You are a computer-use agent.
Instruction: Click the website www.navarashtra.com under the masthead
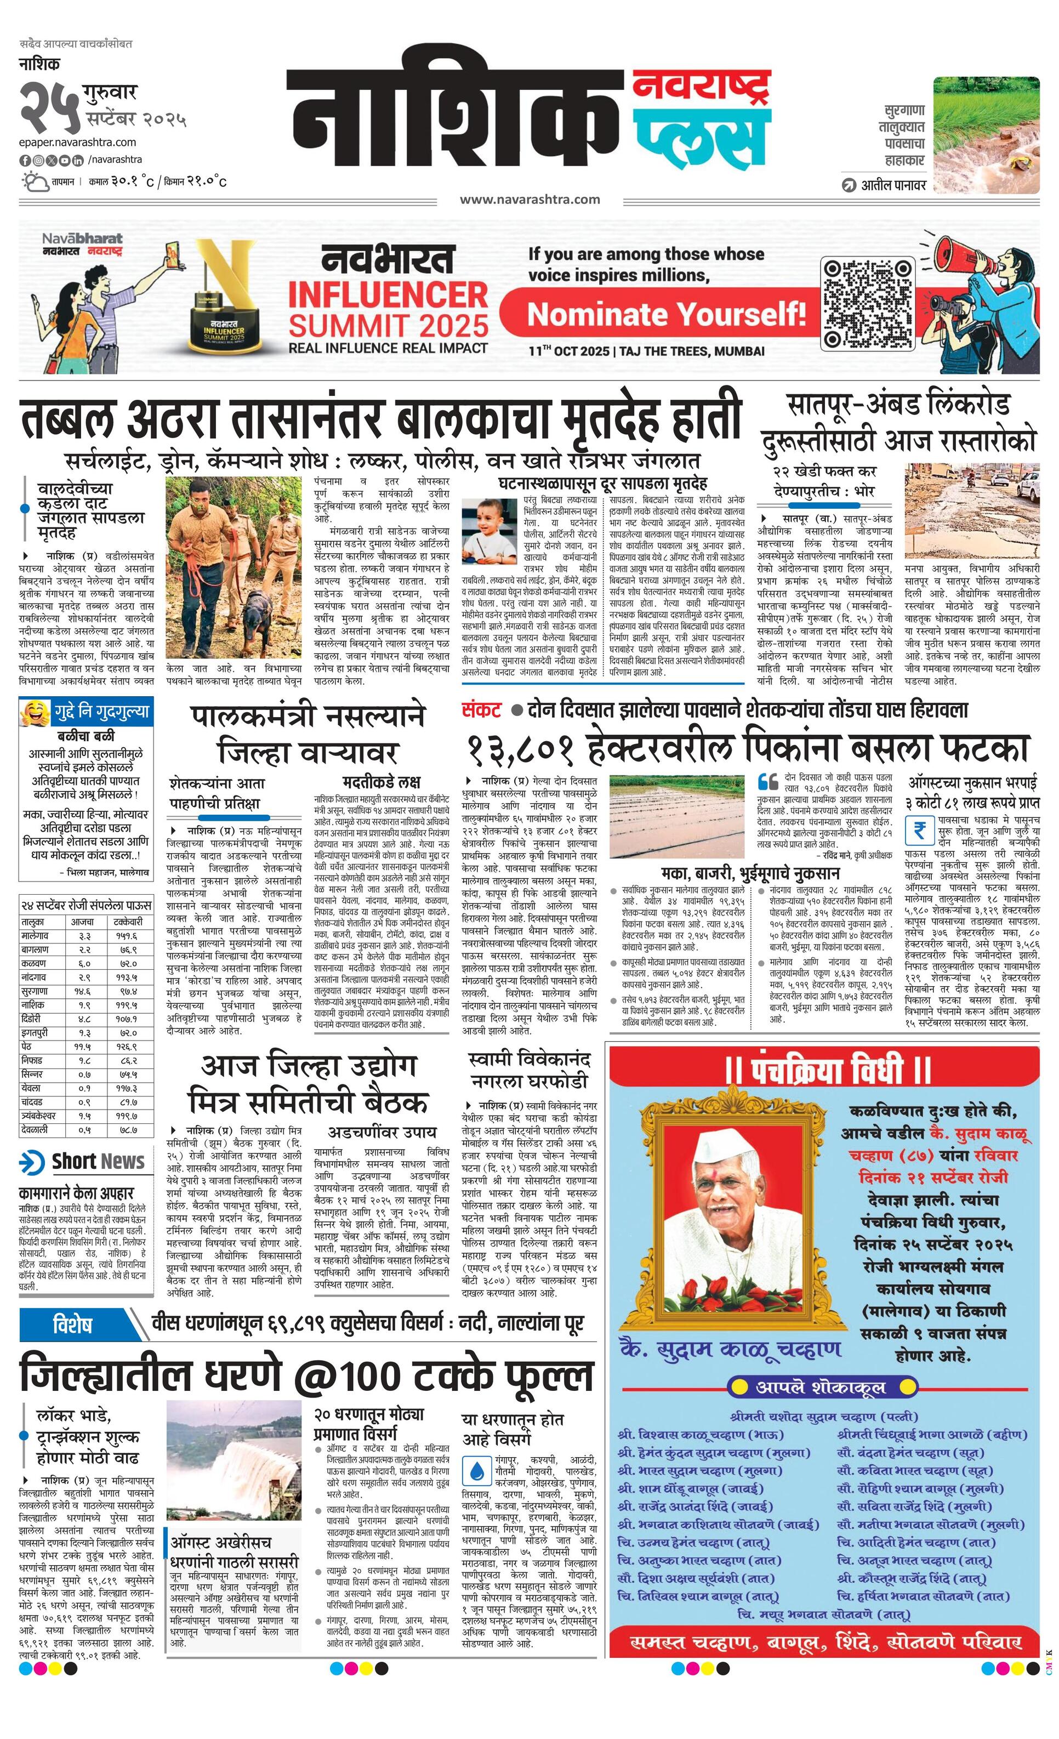coord(530,200)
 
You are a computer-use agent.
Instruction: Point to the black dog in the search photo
coord(257,621)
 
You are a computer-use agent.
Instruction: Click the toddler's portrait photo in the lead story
coord(489,531)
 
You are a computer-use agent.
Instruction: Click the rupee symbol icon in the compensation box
coord(919,830)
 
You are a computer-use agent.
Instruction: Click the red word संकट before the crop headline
coord(481,711)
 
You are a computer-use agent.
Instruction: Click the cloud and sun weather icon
coord(35,183)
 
